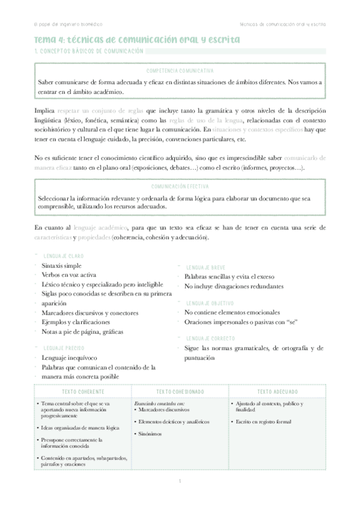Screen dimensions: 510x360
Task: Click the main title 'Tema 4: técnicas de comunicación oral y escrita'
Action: coord(136,40)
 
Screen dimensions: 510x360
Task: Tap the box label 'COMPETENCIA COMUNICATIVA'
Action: coord(180,70)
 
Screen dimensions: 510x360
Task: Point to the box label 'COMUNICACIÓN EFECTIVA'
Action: coord(180,187)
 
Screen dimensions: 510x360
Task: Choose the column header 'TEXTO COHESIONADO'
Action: coord(180,392)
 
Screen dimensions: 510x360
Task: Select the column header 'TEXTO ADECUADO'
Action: coord(278,392)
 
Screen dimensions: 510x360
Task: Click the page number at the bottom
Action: coord(180,481)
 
